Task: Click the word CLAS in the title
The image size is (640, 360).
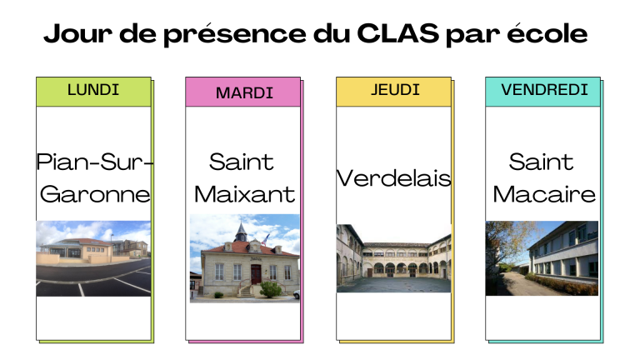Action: pos(397,33)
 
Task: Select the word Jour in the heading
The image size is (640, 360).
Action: pos(77,33)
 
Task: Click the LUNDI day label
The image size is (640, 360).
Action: pos(93,90)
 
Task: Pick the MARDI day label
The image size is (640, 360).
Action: pos(244,93)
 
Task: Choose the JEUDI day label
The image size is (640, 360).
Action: pos(395,90)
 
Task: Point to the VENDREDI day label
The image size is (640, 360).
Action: pos(544,90)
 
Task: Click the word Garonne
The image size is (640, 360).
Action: pos(95,194)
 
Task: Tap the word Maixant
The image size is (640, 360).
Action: pos(244,194)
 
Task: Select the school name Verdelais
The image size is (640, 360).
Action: pos(394,178)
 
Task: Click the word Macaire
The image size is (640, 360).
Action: pos(544,194)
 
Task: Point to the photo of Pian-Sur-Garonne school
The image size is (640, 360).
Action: pos(93,258)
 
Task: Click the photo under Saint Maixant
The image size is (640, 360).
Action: pos(244,258)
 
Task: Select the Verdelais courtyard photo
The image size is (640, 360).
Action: pos(394,258)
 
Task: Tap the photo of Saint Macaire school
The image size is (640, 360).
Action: pos(542,258)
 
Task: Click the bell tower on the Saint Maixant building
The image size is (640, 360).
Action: pos(241,232)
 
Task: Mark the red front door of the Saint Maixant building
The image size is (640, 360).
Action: pos(256,274)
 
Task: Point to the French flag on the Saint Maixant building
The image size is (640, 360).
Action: pos(266,239)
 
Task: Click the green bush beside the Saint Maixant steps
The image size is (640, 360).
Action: pos(270,289)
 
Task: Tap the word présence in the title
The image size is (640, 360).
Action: pos(235,33)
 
